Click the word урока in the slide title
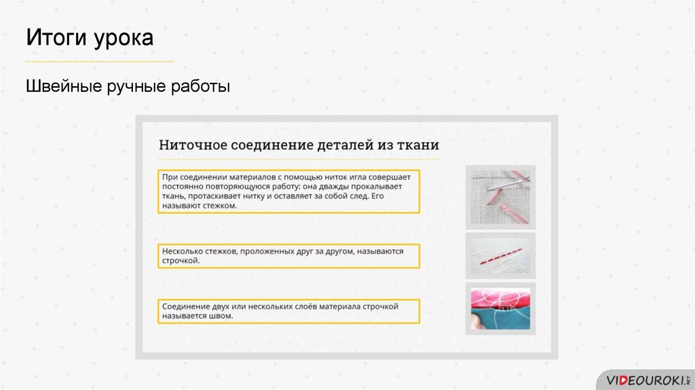coord(124,39)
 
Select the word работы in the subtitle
coord(200,87)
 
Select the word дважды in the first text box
coord(333,186)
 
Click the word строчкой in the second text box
coord(181,261)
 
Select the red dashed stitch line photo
coord(500,256)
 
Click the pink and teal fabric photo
coord(500,308)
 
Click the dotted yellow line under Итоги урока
coord(100,62)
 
